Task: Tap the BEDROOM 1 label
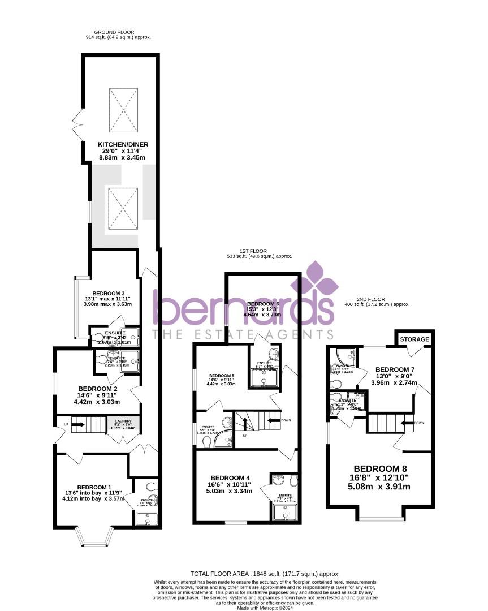coord(94,487)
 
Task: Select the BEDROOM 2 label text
coord(97,389)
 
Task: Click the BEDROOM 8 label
coord(380,468)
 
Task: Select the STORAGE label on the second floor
coord(415,339)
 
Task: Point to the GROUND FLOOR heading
coord(114,32)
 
